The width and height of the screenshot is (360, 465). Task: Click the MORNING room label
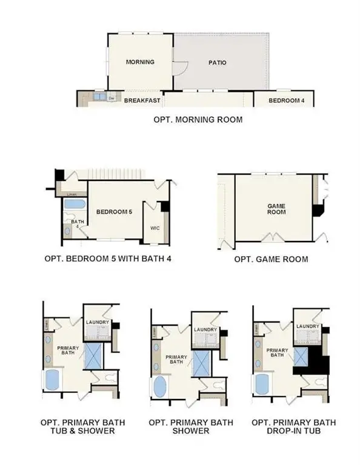click(140, 62)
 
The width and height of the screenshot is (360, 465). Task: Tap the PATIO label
click(217, 62)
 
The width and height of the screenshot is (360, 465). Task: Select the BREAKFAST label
click(142, 101)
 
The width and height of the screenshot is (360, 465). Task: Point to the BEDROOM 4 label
click(286, 101)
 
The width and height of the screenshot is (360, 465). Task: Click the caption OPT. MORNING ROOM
click(198, 120)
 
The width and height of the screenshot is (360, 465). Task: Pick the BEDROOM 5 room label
click(115, 211)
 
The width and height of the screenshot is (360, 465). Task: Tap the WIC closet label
click(155, 229)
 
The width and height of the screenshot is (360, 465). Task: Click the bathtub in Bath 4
click(76, 204)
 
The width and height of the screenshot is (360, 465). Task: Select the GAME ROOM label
click(276, 209)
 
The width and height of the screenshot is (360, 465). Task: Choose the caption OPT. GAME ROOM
click(271, 259)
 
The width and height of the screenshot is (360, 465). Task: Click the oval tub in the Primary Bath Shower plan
click(160, 386)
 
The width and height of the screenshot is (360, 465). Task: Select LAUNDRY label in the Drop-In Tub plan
click(308, 326)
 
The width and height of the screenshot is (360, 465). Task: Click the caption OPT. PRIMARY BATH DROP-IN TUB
click(294, 426)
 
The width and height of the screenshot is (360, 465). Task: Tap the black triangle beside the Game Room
click(317, 210)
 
